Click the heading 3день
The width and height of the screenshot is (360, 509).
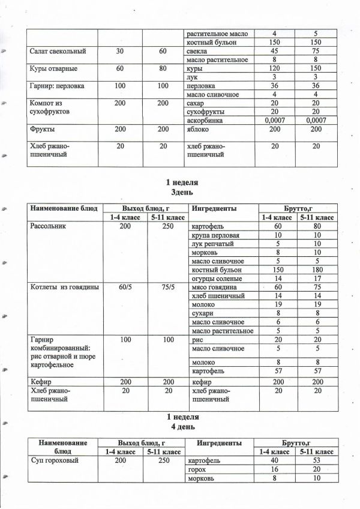pos(182,192)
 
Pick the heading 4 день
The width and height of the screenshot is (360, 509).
pos(182,426)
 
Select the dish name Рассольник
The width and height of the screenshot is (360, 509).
pos(51,227)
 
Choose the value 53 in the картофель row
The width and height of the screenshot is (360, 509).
pos(316,460)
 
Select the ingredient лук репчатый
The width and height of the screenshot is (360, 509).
pos(212,244)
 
